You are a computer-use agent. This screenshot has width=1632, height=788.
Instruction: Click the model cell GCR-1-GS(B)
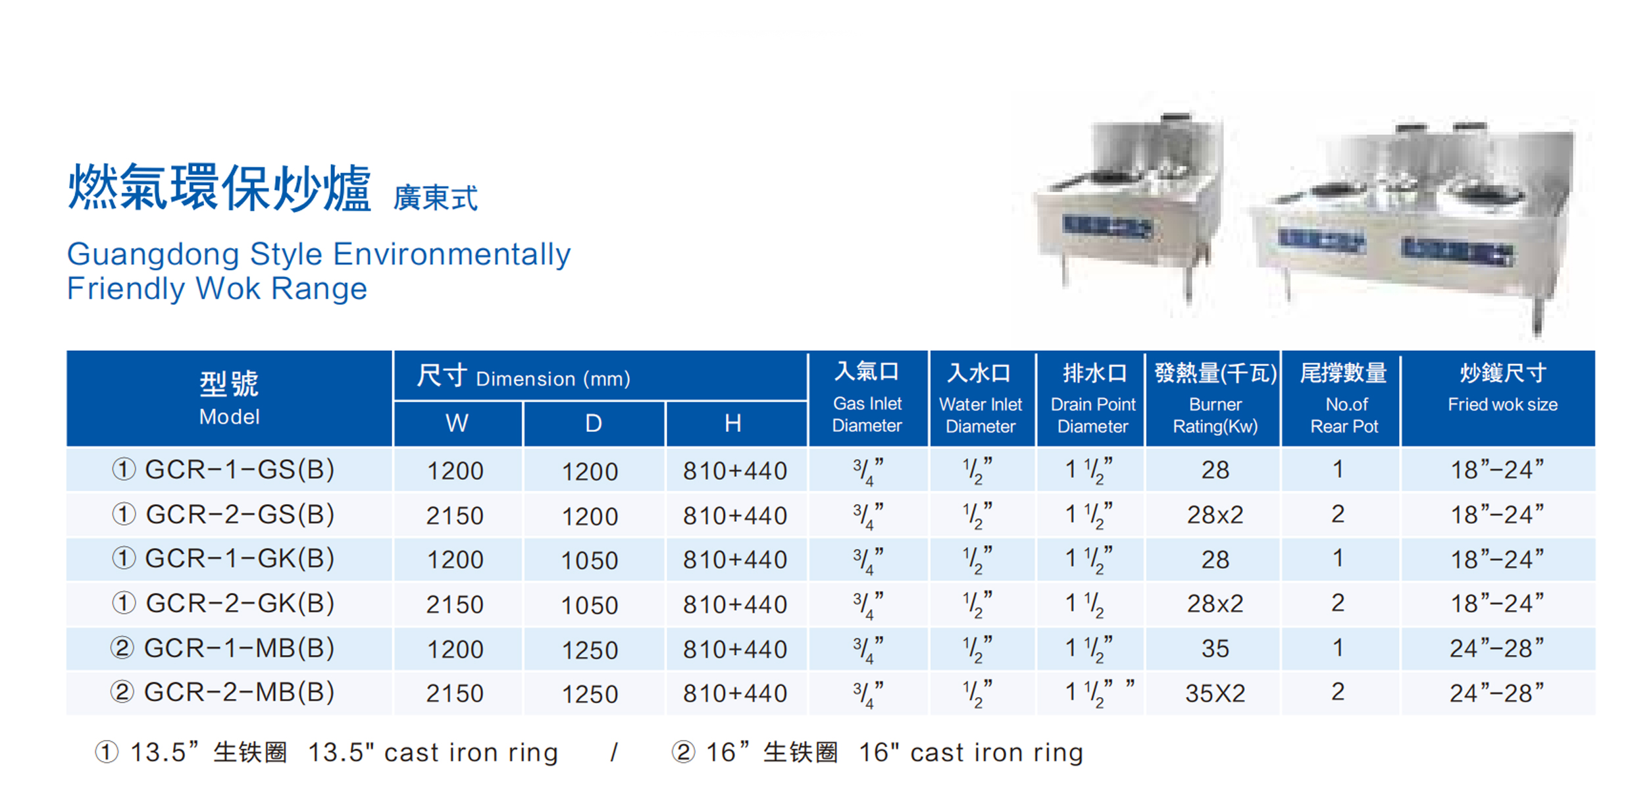click(223, 470)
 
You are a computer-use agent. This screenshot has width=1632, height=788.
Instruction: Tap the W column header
click(457, 423)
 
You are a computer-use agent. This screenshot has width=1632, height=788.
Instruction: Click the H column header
click(733, 423)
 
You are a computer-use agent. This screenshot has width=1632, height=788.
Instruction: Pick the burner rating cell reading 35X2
click(1215, 693)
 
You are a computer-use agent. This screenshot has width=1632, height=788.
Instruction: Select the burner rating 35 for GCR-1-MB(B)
click(1215, 648)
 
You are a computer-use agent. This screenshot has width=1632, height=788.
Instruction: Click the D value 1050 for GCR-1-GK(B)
click(590, 560)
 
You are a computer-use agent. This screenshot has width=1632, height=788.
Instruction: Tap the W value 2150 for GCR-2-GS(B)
click(455, 515)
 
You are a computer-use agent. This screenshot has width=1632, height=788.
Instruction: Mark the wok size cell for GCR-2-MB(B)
click(1496, 693)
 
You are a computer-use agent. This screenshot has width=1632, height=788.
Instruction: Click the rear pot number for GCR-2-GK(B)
click(1338, 603)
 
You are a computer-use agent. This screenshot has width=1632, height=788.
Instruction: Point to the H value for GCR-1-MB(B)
click(735, 649)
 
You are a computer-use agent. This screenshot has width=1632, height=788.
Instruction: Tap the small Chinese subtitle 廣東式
click(436, 197)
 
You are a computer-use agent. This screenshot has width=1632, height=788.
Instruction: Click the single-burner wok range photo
click(1127, 204)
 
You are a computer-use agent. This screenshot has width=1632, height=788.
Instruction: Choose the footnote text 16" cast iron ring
click(971, 752)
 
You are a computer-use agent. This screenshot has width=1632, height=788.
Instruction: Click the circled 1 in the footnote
click(107, 752)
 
